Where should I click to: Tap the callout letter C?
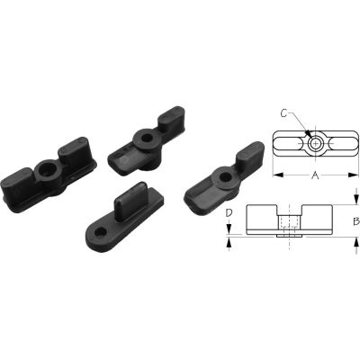[x=283, y=112]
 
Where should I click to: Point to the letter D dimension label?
[x=229, y=214]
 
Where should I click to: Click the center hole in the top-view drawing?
[x=314, y=143]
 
